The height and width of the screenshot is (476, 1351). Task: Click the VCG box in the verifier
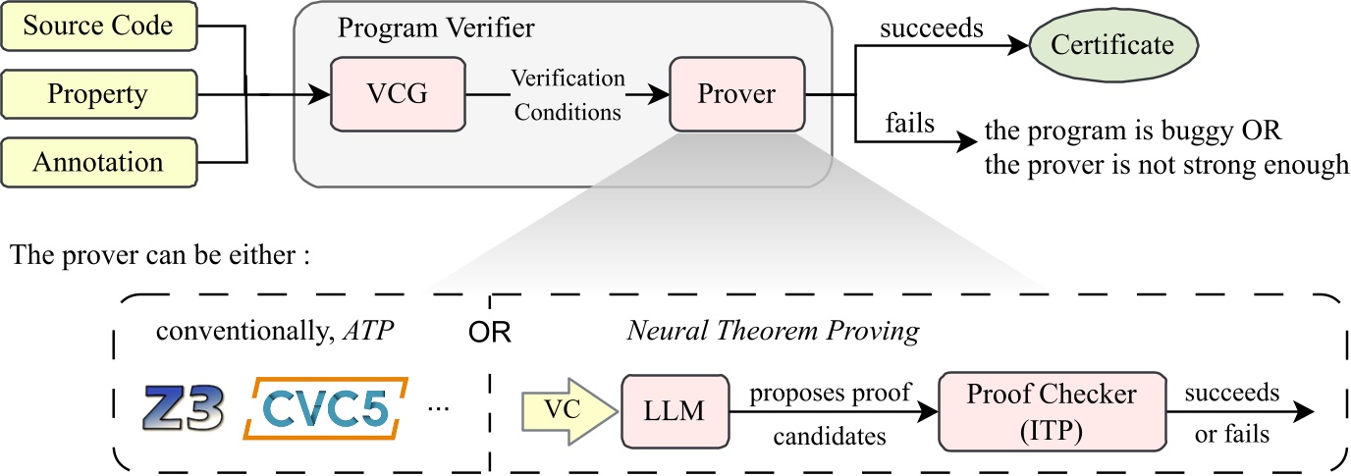398,95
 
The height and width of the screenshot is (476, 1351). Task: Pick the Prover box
735,95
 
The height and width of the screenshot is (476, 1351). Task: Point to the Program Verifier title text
437,27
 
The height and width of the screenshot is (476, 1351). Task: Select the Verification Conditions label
568,95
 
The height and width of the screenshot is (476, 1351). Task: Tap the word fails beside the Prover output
910,125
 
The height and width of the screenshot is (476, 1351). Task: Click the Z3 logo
184,408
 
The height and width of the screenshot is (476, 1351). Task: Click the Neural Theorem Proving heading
774,331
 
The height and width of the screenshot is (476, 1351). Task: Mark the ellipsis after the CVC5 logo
439,406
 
